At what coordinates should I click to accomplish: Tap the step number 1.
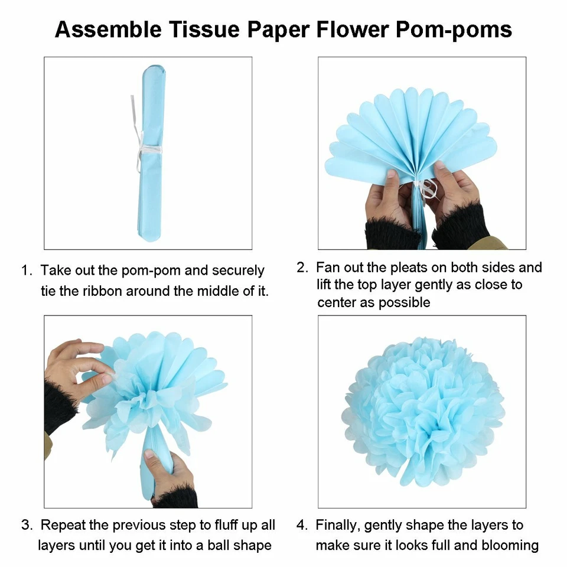(x=26, y=271)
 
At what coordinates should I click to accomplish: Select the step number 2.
(x=302, y=268)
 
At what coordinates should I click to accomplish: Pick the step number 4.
(x=302, y=525)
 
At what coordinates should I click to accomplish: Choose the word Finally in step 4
(x=340, y=525)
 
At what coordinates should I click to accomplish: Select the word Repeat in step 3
(x=61, y=525)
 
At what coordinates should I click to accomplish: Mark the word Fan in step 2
(x=327, y=268)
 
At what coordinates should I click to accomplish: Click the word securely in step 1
(x=237, y=271)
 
